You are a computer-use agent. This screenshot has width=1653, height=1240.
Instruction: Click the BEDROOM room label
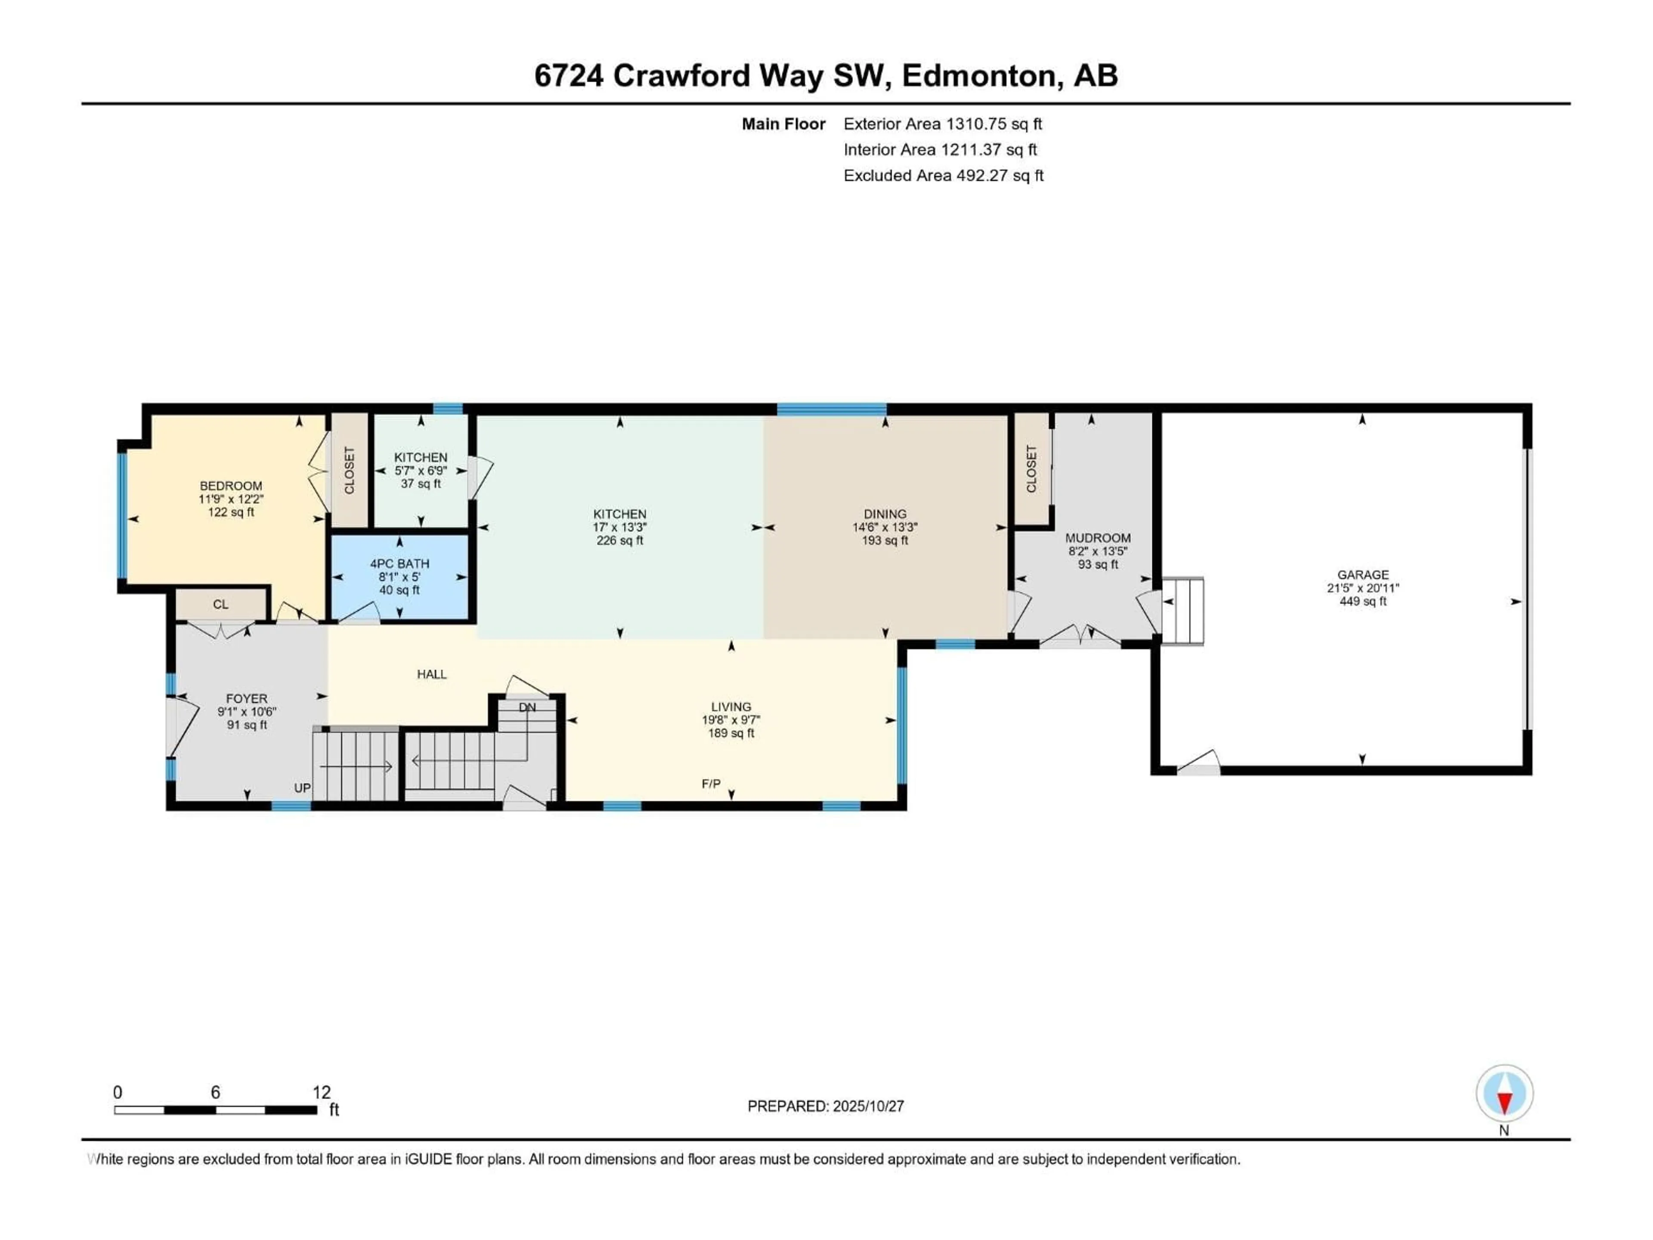[231, 486]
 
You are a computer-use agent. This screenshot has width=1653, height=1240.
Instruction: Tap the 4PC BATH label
[400, 564]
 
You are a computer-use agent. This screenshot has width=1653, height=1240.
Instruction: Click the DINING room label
[885, 514]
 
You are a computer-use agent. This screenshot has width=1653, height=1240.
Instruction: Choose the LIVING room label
[731, 707]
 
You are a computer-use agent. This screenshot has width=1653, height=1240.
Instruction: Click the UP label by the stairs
[302, 788]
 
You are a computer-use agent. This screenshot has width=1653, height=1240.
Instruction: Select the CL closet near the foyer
[220, 604]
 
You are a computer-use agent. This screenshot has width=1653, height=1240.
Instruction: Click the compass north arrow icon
[1504, 1094]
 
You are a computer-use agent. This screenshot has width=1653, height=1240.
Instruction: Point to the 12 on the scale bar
[321, 1092]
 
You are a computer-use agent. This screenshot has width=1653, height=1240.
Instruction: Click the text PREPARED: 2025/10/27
[826, 1106]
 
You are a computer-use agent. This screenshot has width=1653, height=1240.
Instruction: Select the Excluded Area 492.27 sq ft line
[943, 176]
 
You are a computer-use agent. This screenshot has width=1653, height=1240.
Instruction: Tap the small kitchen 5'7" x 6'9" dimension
[421, 471]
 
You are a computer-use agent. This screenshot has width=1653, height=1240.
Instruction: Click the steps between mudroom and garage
[1185, 611]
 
